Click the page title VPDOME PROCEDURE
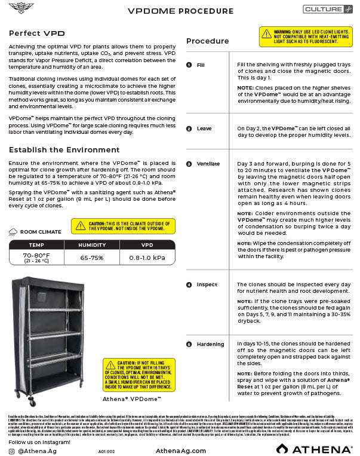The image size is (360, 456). [181, 11]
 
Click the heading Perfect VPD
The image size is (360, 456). [37, 33]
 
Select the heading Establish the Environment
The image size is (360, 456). [64, 149]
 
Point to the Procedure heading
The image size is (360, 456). [207, 41]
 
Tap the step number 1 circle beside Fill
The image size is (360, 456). [189, 65]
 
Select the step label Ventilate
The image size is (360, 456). [208, 164]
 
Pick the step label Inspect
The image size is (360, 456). [207, 284]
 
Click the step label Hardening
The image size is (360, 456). [210, 344]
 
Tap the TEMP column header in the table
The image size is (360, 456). [36, 245]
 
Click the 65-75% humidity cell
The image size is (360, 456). [93, 258]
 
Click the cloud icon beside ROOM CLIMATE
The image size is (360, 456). [13, 232]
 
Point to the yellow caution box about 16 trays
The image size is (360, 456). [139, 374]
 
